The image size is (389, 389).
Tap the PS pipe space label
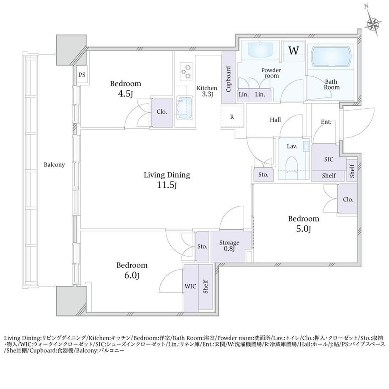(82, 75)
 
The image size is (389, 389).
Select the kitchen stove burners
(186, 71)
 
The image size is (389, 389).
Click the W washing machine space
(294, 51)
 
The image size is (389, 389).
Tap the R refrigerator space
(232, 117)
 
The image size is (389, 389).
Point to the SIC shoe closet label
(329, 159)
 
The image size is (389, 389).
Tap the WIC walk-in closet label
(190, 286)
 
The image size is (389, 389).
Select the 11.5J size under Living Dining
(167, 185)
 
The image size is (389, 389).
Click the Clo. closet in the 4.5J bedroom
(162, 112)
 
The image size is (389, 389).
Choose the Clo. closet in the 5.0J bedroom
(348, 200)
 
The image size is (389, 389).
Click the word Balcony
(54, 165)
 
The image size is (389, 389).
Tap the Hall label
(275, 120)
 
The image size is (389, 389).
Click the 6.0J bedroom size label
(131, 275)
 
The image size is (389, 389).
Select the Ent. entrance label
(326, 122)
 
